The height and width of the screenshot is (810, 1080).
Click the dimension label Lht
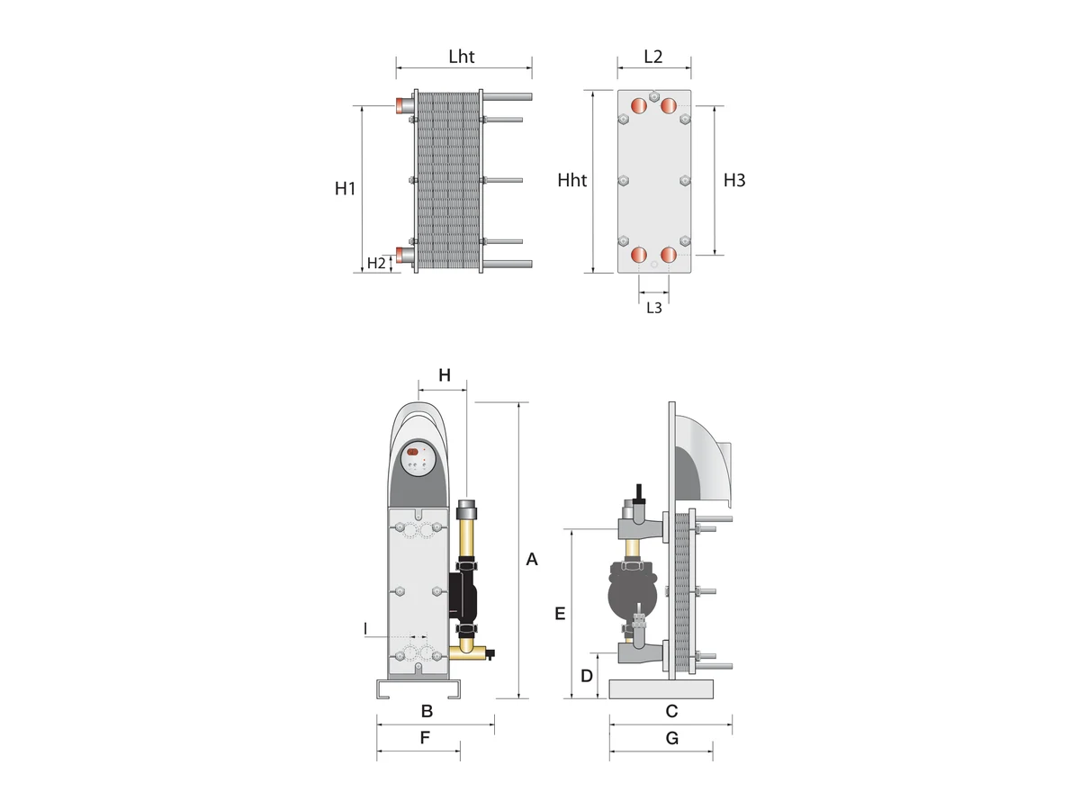tap(461, 57)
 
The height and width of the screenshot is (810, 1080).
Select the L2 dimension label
tap(652, 57)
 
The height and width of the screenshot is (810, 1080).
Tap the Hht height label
tap(571, 181)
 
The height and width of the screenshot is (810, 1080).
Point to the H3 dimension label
tap(734, 181)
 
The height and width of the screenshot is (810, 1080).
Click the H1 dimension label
tap(345, 188)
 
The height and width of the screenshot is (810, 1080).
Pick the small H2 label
tap(376, 263)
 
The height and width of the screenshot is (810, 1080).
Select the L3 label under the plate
tap(654, 308)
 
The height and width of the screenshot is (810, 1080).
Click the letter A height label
tap(531, 559)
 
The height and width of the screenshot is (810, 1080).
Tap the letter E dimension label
tap(560, 614)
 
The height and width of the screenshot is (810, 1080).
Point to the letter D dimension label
tap(587, 676)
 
